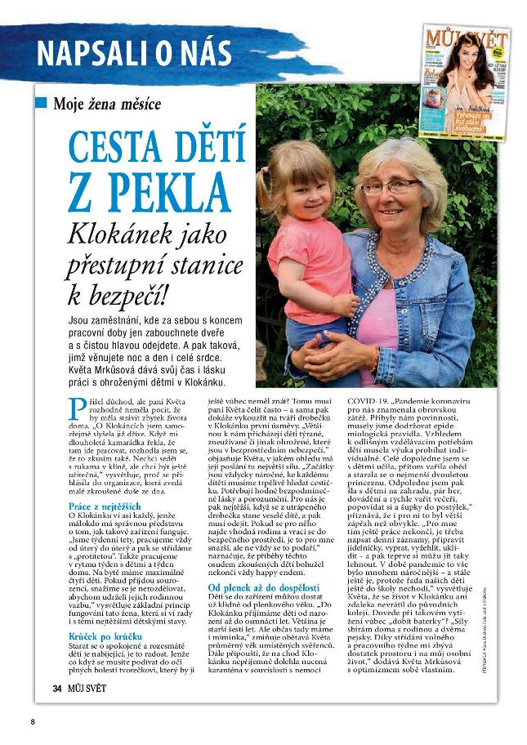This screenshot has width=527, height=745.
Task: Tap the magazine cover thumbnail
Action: pyautogui.click(x=467, y=83)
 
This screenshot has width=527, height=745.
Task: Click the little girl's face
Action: pyautogui.click(x=297, y=183)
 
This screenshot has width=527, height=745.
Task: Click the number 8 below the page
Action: pyautogui.click(x=33, y=721)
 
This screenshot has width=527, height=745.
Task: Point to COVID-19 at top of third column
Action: pyautogui.click(x=373, y=402)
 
